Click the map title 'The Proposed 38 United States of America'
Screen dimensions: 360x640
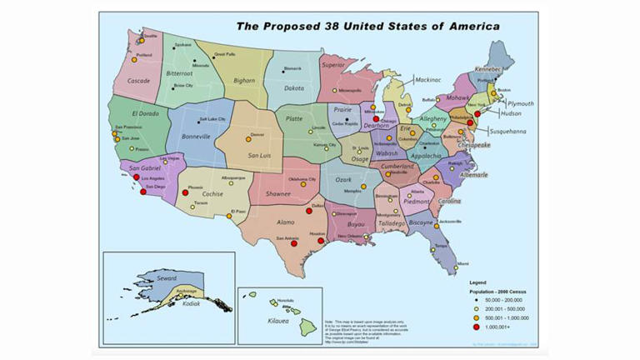pos(367,26)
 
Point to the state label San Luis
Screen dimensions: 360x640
pos(262,155)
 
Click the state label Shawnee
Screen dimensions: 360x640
pos(278,193)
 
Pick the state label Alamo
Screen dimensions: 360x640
pos(286,222)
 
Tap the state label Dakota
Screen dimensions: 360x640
pos(294,87)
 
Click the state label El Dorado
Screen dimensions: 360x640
pos(144,112)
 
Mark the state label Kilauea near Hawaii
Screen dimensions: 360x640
pos(279,320)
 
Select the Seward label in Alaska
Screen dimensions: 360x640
pos(167,277)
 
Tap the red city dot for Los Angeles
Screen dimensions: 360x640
pos(137,178)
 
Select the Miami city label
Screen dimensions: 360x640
pos(462,263)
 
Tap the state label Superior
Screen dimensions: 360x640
pos(332,64)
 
